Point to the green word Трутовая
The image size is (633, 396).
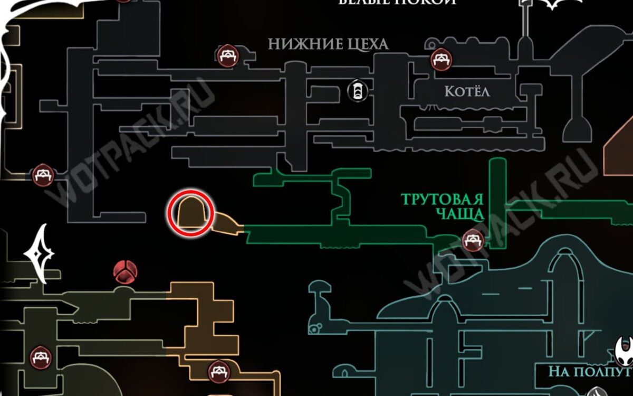click(442, 201)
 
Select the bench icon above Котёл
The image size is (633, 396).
click(441, 59)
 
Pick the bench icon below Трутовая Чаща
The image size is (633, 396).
click(472, 241)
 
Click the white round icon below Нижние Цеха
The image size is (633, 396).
click(357, 91)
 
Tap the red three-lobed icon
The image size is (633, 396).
click(125, 272)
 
